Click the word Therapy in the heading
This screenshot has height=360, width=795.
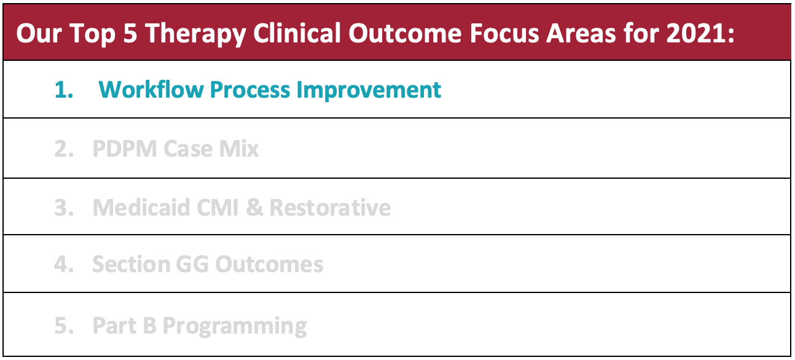click(x=196, y=34)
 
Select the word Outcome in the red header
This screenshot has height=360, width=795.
click(x=405, y=33)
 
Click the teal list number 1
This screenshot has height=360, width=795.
click(x=64, y=90)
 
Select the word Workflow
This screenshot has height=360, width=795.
click(x=151, y=89)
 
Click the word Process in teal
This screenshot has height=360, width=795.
click(x=250, y=90)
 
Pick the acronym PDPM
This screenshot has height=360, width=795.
click(x=125, y=148)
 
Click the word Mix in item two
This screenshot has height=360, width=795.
click(x=239, y=148)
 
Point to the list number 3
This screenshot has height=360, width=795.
click(x=64, y=207)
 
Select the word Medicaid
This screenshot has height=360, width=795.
click(x=141, y=207)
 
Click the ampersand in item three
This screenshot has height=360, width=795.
click(x=254, y=207)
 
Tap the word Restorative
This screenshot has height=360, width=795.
click(x=330, y=207)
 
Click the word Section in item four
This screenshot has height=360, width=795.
click(x=131, y=265)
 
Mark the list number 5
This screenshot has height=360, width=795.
click(x=64, y=326)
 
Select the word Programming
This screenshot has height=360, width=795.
click(x=235, y=326)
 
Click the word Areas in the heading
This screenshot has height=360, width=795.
click(x=581, y=33)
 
